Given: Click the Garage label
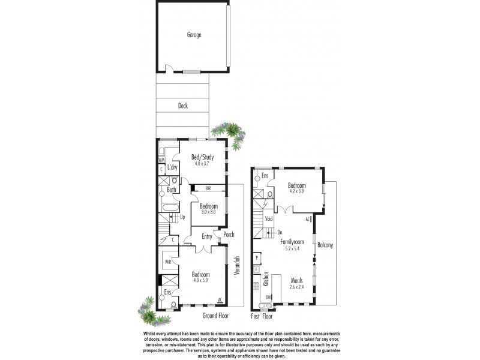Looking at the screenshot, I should [x=194, y=35].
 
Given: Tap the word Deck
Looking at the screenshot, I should [x=183, y=106].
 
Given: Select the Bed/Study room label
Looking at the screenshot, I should [x=203, y=157].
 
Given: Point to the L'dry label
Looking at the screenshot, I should [x=172, y=167].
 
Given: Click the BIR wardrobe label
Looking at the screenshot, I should [x=208, y=188].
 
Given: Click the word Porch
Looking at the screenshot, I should [x=229, y=235].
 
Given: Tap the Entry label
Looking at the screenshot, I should [x=207, y=236].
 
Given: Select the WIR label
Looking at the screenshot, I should [x=169, y=262].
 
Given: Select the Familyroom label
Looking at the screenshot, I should [x=292, y=242].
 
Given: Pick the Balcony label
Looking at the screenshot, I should [x=325, y=245].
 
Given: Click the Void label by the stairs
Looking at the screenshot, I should [x=268, y=219].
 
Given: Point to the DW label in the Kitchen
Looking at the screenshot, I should [x=269, y=297].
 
